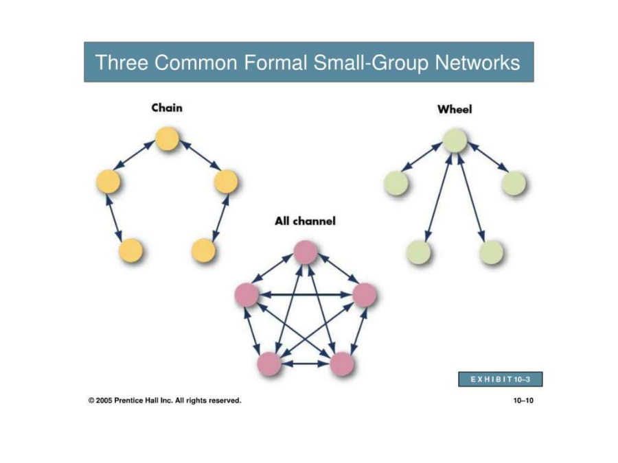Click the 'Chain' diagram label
tap(167, 108)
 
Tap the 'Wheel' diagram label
tap(455, 108)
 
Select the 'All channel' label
tap(305, 221)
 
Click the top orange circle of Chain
tap(167, 139)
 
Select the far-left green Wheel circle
tap(396, 183)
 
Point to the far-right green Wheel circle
tap(514, 183)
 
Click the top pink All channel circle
tap(306, 252)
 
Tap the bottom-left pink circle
tap(268, 363)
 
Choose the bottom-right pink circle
tap(341, 363)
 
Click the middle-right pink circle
tap(365, 295)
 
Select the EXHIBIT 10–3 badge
tap(501, 379)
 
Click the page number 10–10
tap(523, 401)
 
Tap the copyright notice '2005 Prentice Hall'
tap(165, 401)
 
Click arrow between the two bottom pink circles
tap(305, 363)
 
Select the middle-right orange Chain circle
tap(226, 182)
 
